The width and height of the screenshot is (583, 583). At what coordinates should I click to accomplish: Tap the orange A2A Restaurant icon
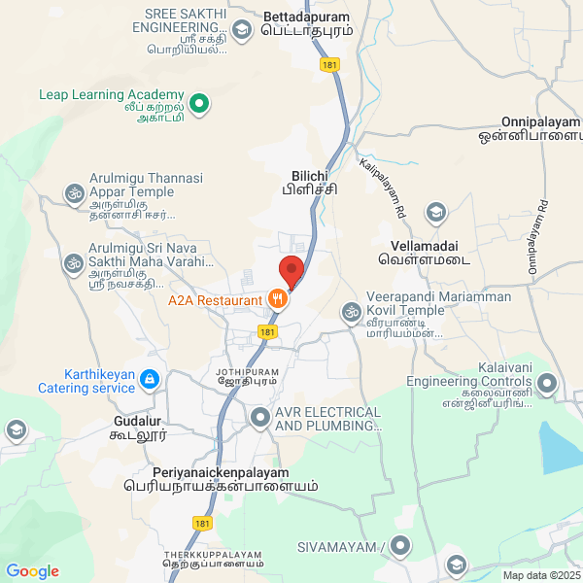[278, 299]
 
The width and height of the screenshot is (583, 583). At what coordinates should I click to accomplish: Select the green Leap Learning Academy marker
[199, 102]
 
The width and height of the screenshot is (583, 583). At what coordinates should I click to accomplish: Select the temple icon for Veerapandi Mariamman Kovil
[350, 312]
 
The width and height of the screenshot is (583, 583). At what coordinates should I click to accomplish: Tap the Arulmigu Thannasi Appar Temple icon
[73, 193]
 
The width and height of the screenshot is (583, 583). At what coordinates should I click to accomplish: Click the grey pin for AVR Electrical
[259, 419]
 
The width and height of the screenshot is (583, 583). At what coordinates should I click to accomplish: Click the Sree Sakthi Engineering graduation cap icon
[239, 29]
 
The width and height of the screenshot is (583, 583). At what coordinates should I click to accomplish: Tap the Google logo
[32, 571]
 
